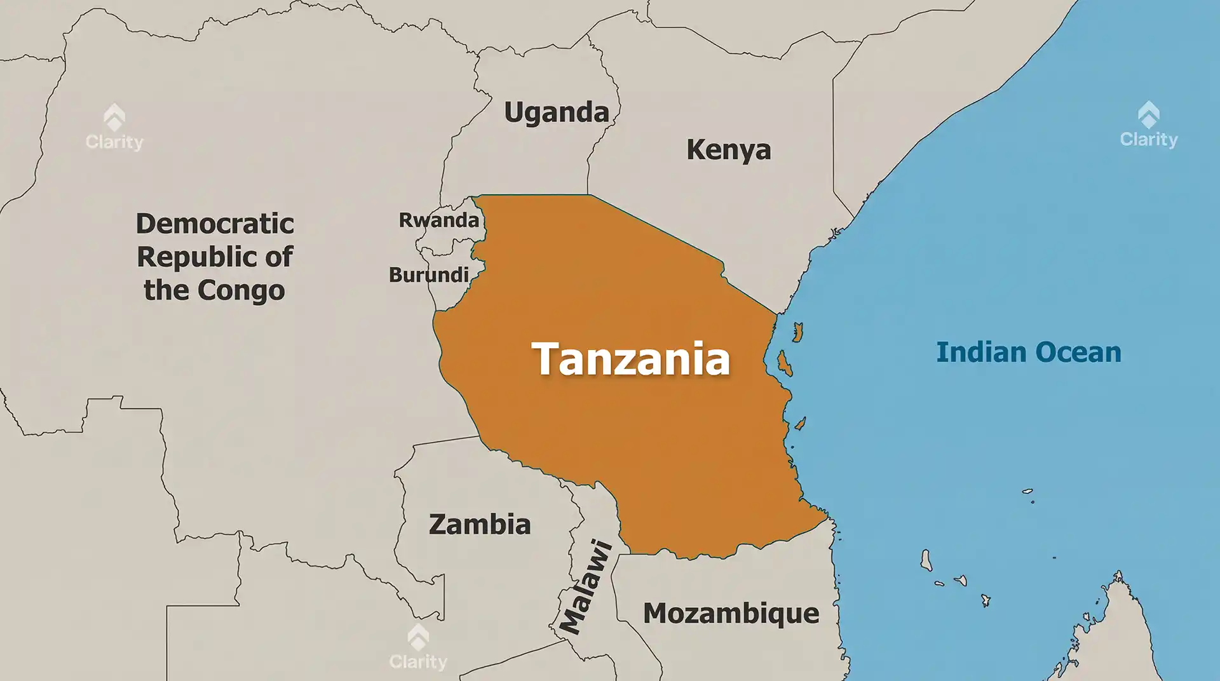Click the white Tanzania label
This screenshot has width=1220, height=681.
630,359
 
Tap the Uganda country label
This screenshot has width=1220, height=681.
557,112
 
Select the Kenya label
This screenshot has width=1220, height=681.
728,150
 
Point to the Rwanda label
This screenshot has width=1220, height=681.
438,220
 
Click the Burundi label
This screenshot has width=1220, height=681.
429,275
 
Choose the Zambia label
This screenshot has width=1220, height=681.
480,525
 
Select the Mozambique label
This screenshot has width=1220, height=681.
731,614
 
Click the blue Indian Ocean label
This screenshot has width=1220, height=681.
1028,353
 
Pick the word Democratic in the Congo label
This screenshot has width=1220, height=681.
215,224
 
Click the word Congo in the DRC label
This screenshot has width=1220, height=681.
241,291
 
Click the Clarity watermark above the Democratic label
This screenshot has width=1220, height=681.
114,128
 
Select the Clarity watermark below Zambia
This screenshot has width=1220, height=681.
418,648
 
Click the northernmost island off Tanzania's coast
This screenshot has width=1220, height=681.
797,332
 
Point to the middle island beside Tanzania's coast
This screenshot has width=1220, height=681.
783,363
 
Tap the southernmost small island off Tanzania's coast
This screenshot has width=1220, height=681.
801,423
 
